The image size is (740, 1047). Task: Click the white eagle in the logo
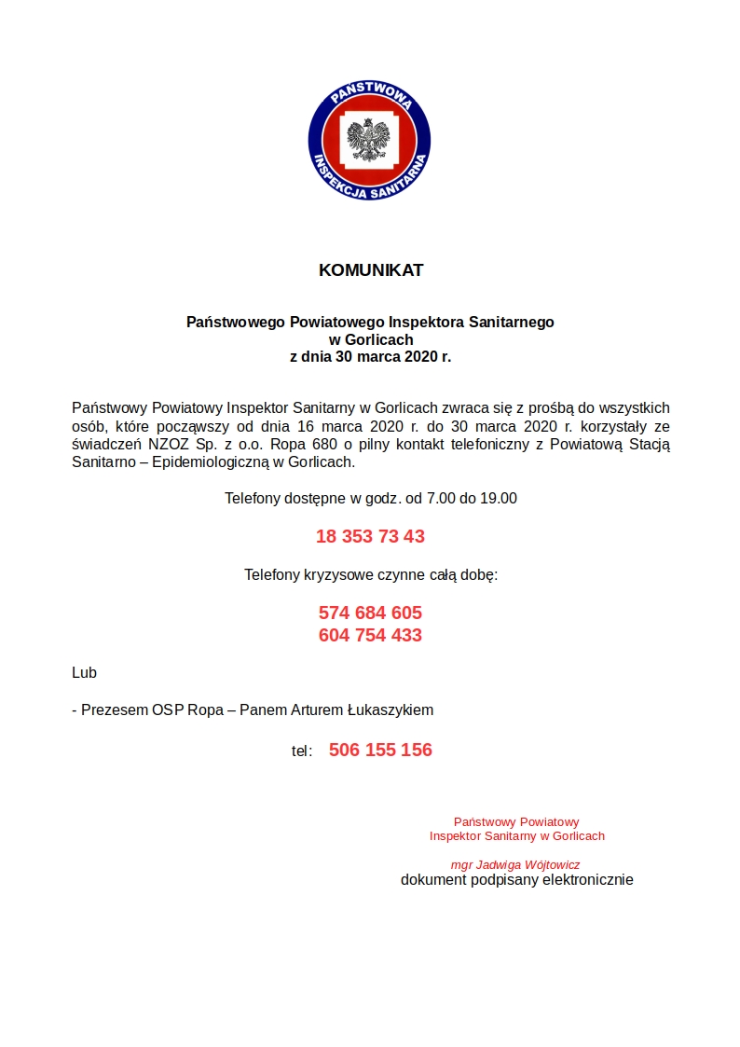coord(369,141)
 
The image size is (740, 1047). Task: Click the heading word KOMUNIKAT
coord(371,270)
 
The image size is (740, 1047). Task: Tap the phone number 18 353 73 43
coord(370,536)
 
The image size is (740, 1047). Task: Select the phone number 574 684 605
coord(370,613)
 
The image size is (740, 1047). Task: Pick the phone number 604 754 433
coord(370,635)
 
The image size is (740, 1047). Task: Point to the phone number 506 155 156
coord(380,750)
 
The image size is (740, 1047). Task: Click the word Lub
coord(84,672)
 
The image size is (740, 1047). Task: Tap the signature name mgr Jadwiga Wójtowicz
coord(515,864)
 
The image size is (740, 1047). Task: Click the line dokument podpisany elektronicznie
coord(516,879)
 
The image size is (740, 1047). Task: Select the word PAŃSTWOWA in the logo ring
coord(369,94)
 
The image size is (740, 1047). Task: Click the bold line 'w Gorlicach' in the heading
coord(370,339)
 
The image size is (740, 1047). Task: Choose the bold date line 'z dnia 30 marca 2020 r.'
coord(370,356)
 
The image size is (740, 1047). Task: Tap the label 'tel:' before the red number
coord(302,751)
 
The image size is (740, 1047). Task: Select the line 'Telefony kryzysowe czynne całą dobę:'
coord(371,574)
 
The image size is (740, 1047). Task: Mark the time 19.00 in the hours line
coord(498,499)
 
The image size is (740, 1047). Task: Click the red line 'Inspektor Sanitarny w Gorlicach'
coord(516,835)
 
